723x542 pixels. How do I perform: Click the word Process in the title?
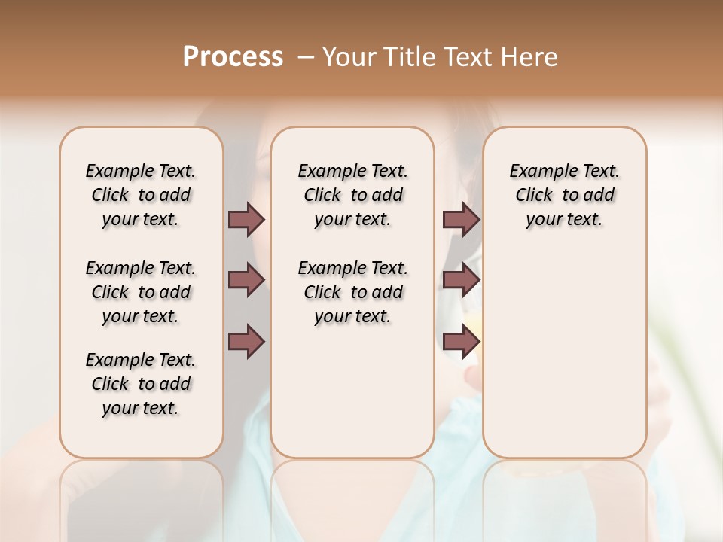233,56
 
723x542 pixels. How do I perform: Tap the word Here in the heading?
530,57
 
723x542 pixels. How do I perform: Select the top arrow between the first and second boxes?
246,219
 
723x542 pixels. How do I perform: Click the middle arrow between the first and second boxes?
246,281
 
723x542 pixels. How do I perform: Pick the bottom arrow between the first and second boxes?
246,341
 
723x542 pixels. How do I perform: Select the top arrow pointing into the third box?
461,219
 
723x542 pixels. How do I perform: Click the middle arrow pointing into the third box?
461,281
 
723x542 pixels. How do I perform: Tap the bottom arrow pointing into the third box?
461,341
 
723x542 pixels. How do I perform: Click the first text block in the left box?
141,195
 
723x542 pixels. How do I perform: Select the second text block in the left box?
141,292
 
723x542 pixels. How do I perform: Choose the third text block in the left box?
141,384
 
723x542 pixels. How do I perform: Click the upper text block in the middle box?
352,195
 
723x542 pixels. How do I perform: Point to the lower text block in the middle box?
352,292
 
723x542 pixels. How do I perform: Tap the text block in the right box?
564,195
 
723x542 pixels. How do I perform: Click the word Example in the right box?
536,171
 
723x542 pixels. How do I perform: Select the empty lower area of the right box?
564,346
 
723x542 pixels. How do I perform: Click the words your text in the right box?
564,220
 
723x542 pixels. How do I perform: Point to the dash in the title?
306,57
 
